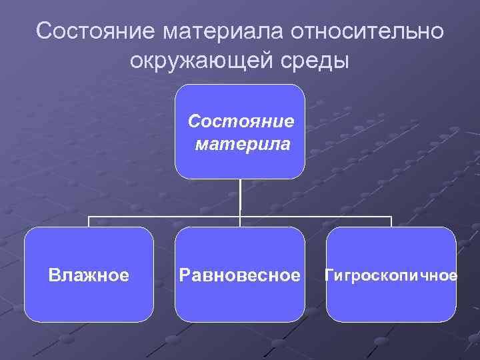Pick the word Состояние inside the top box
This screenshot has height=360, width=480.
pos(241,121)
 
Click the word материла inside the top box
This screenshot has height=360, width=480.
pos(243,143)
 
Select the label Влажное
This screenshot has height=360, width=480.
pos(89,275)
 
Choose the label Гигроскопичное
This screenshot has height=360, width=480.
pos(391,275)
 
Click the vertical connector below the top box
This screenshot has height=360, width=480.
pos(241,197)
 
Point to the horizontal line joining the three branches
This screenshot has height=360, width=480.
pos(167,217)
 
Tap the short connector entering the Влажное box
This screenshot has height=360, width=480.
pos(89,222)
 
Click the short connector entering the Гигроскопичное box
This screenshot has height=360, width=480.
pos(391,222)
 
